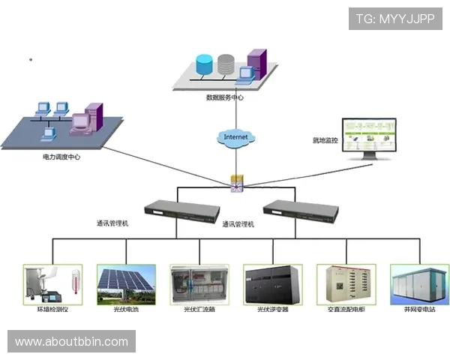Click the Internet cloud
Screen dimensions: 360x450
[235, 137]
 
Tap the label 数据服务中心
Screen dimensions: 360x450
[225, 97]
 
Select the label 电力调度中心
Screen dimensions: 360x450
[61, 157]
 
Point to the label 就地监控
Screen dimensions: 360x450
[325, 140]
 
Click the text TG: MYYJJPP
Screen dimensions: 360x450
[395, 18]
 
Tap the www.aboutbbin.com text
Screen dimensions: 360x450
[72, 342]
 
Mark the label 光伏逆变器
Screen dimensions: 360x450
[272, 309]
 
